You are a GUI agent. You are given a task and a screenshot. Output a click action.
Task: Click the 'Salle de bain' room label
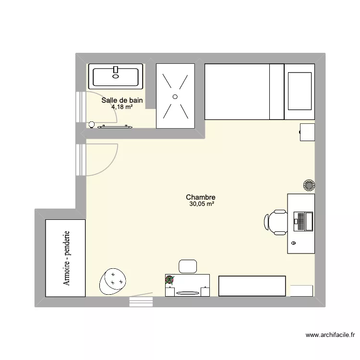point(122,100)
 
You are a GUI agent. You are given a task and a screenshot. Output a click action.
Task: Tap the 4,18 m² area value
point(122,107)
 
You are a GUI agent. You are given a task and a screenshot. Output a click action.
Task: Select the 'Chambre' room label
point(201,197)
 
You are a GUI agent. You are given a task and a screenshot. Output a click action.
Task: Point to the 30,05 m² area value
point(202,204)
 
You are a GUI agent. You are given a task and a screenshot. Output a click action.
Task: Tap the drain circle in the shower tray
point(175,96)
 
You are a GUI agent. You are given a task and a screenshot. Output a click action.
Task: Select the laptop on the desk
point(302,221)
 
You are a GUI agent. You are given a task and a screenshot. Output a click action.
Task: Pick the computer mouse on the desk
point(293,244)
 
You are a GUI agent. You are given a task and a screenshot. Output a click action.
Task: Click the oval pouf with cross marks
point(113,280)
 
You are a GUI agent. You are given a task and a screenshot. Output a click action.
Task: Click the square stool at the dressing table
point(188,266)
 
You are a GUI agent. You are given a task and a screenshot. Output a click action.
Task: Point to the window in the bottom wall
point(141,301)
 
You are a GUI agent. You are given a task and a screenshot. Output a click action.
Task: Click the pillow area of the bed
point(300,92)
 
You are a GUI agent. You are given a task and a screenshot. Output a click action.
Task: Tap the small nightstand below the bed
point(307,132)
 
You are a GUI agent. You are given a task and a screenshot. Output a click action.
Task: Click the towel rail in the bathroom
point(115,127)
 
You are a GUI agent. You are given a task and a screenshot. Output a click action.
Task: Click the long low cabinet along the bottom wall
point(252,286)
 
